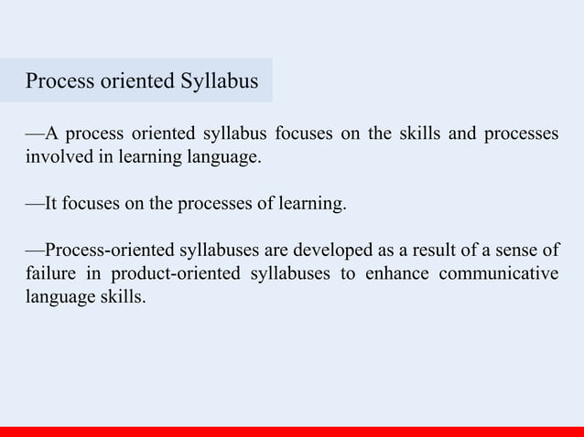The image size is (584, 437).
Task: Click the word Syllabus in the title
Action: (x=220, y=82)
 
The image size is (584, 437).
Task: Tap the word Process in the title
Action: (x=59, y=82)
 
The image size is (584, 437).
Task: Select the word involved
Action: (x=54, y=157)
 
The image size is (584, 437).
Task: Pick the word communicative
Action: (x=501, y=273)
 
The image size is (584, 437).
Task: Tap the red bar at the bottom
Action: (x=292, y=431)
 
